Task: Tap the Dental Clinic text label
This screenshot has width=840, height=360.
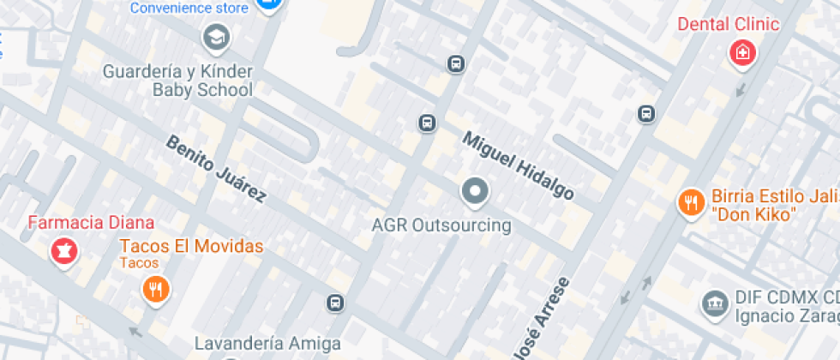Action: pyautogui.click(x=729, y=24)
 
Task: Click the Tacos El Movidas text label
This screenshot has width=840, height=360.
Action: pyautogui.click(x=191, y=247)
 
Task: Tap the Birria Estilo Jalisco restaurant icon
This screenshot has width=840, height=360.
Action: pyautogui.click(x=690, y=203)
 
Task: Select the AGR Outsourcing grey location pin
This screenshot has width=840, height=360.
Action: pyautogui.click(x=474, y=193)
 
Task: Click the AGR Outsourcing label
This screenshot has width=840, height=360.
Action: pyautogui.click(x=441, y=226)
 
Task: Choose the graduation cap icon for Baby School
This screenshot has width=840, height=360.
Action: pyautogui.click(x=215, y=36)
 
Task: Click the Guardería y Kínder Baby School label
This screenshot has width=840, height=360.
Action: pyautogui.click(x=178, y=80)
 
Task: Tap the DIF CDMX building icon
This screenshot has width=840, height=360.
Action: pyautogui.click(x=713, y=302)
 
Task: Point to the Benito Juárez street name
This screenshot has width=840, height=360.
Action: pyautogui.click(x=216, y=169)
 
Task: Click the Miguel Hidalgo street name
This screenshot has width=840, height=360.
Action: pyautogui.click(x=518, y=165)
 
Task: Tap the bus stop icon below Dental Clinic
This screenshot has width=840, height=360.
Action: pyautogui.click(x=646, y=113)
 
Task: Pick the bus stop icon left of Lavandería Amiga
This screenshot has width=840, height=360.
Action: pyautogui.click(x=335, y=303)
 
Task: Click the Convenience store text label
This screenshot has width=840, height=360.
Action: pyautogui.click(x=189, y=8)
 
